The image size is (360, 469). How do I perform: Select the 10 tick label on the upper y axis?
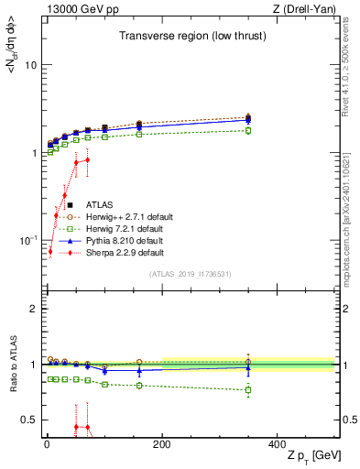(x=30, y=66)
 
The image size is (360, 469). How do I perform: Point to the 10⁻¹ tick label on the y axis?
(x=28, y=240)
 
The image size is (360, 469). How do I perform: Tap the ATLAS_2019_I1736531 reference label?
(x=190, y=275)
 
